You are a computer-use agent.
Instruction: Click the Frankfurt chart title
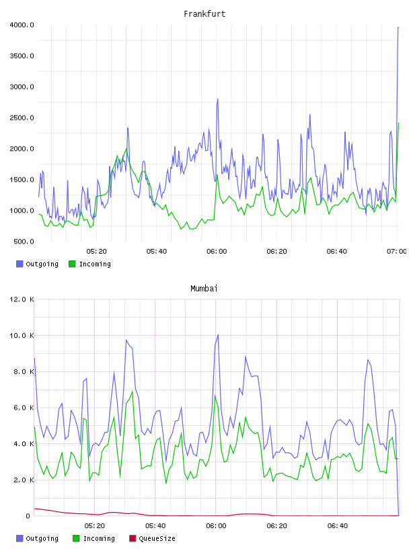(x=204, y=13)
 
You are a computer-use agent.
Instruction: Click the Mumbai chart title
(x=204, y=288)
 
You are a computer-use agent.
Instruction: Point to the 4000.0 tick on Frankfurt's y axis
(x=22, y=25)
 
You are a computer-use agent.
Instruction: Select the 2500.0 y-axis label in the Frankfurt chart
(x=22, y=118)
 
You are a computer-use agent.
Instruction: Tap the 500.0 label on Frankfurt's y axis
(x=24, y=242)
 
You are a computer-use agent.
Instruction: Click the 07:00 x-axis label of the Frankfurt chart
(x=396, y=251)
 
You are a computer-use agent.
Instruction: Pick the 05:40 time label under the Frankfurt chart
(x=157, y=251)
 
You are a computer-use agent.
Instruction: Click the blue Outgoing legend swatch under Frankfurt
(x=20, y=264)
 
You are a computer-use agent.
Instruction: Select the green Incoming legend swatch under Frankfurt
(x=72, y=264)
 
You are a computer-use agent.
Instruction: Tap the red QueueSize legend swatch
(x=133, y=538)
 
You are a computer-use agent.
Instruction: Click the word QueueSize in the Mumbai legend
(x=157, y=538)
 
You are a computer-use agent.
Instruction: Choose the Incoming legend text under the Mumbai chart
(x=99, y=538)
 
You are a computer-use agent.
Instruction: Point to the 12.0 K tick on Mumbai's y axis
(x=22, y=299)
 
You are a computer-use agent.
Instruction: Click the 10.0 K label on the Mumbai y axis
(x=22, y=336)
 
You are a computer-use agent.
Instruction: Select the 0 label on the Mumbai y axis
(x=28, y=516)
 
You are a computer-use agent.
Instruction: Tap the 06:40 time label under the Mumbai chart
(x=338, y=525)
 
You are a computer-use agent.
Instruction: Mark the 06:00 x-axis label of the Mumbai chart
(x=216, y=525)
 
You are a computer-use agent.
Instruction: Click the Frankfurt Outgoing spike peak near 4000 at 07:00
(x=398, y=27)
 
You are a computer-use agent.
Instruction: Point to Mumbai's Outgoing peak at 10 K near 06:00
(x=218, y=335)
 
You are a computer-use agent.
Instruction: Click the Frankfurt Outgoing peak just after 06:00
(x=217, y=100)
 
